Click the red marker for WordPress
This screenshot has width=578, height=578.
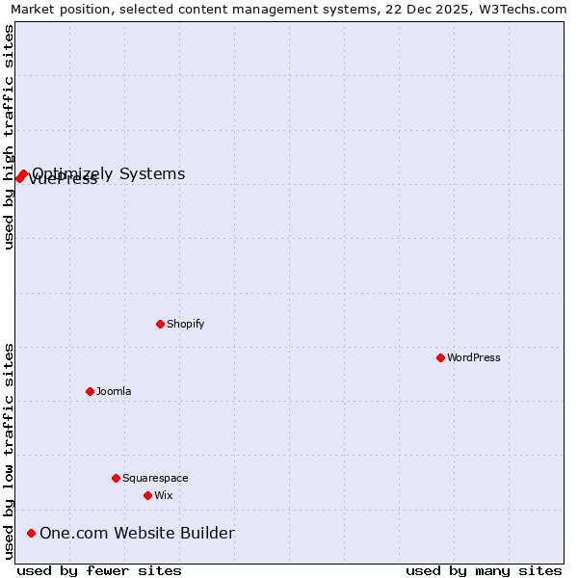pyautogui.click(x=440, y=357)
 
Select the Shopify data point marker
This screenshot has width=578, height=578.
pyautogui.click(x=160, y=324)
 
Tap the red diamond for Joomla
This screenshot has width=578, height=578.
pyautogui.click(x=90, y=391)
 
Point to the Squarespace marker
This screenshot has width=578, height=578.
pyautogui.click(x=116, y=478)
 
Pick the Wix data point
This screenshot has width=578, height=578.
pyautogui.click(x=147, y=495)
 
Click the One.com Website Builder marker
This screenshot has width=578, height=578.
pyautogui.click(x=31, y=533)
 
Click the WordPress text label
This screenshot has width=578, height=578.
pyautogui.click(x=474, y=357)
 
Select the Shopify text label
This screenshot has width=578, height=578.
pyautogui.click(x=186, y=324)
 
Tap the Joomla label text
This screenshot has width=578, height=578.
pyautogui.click(x=114, y=391)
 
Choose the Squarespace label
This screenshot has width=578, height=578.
pyautogui.click(x=155, y=478)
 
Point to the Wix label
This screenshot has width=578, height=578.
pyautogui.click(x=164, y=495)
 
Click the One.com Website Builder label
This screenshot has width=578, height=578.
pyautogui.click(x=137, y=533)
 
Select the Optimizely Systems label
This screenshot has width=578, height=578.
pyautogui.click(x=109, y=174)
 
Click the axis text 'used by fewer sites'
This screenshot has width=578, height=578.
pyautogui.click(x=99, y=570)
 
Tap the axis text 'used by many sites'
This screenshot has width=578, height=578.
pyautogui.click(x=484, y=570)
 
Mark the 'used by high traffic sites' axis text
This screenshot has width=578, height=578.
pyautogui.click(x=9, y=137)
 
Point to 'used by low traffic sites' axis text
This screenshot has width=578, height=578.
pyautogui.click(x=9, y=451)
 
